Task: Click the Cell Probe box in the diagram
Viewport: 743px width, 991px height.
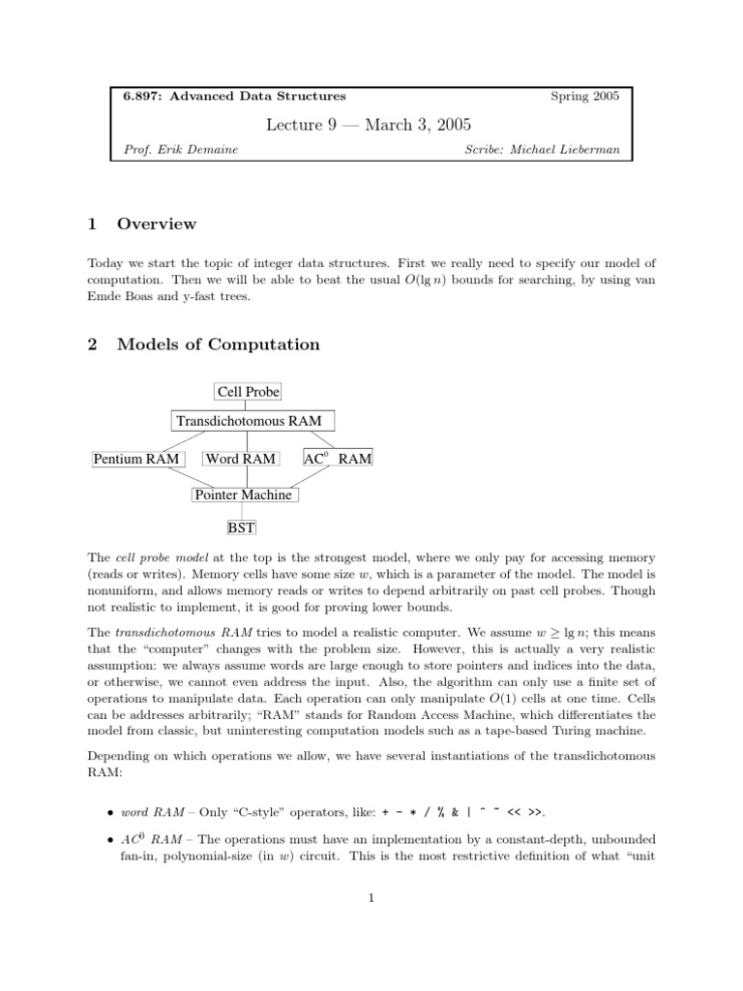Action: pyautogui.click(x=248, y=392)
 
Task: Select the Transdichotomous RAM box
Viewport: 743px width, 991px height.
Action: pyautogui.click(x=253, y=421)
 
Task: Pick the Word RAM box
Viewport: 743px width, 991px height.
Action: pyautogui.click(x=241, y=459)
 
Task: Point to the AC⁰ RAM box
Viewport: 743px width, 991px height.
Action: pyautogui.click(x=338, y=459)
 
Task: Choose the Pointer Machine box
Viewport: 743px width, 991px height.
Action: pyautogui.click(x=243, y=495)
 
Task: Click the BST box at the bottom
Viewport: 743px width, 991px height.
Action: pyautogui.click(x=240, y=528)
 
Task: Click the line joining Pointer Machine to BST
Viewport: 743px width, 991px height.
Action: pyautogui.click(x=241, y=511)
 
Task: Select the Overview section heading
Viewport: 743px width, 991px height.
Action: pyautogui.click(x=156, y=225)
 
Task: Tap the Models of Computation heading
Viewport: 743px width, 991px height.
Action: pyautogui.click(x=218, y=345)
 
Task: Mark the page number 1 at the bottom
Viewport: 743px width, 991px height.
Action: pyautogui.click(x=371, y=897)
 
